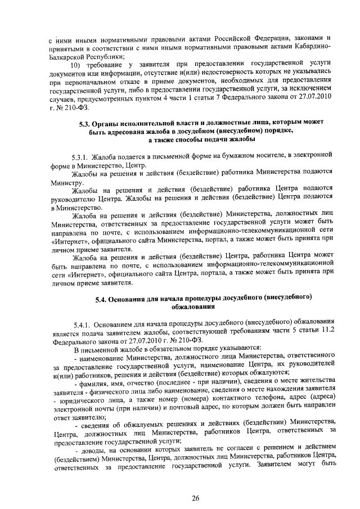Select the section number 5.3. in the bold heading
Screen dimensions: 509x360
point(83,122)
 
